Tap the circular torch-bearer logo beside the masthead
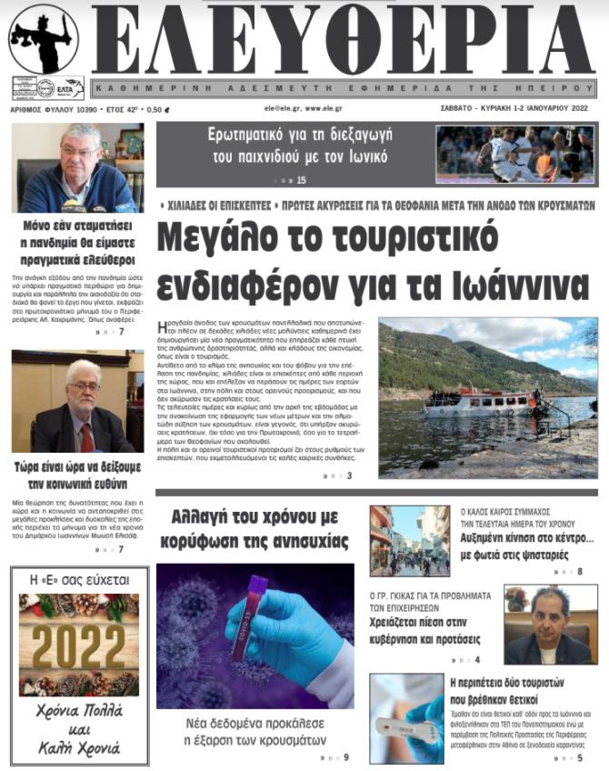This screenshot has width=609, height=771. click(43, 39)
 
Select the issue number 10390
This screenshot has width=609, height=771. click(88, 107)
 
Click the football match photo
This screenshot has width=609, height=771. click(515, 154)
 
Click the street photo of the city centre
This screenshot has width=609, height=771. click(409, 540)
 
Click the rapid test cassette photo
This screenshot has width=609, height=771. click(406, 717)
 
